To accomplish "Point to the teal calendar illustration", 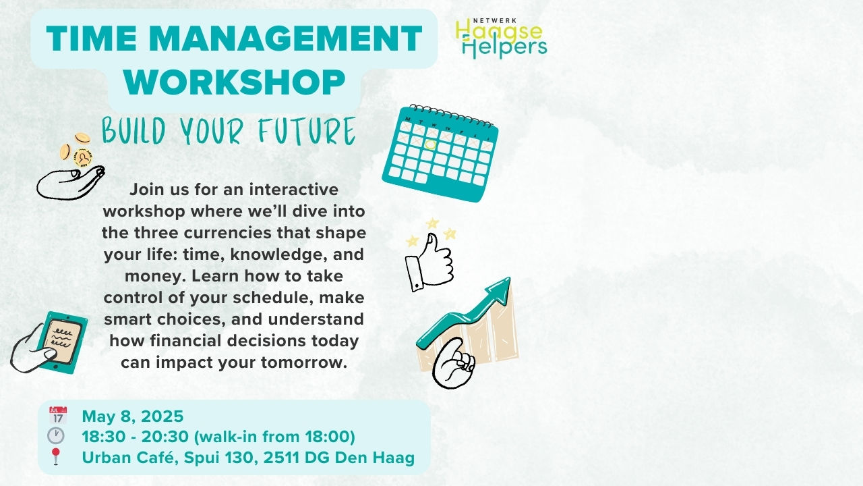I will point(441,153).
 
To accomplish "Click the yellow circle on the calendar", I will point(431,144).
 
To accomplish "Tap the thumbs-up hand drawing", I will point(429,260).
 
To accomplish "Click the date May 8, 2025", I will point(132,416).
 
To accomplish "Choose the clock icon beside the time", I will point(56,436).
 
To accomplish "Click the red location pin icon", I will point(56,456).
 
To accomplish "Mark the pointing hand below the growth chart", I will point(454,364).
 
